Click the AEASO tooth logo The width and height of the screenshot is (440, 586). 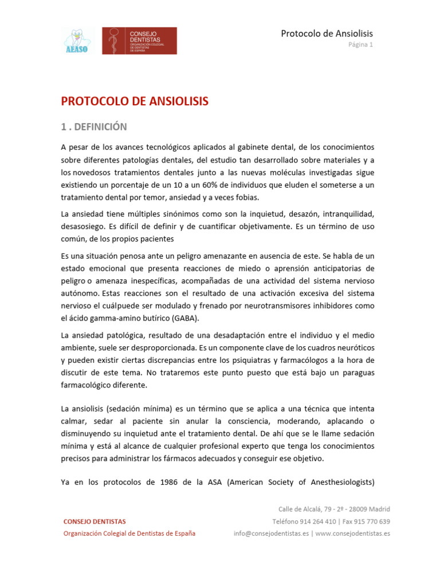[x=77, y=41]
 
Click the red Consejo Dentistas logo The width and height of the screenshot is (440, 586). [x=139, y=41]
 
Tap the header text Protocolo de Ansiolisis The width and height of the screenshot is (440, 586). [x=327, y=34]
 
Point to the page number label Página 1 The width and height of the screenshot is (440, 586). [x=361, y=45]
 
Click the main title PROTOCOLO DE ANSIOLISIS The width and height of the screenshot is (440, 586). [x=135, y=102]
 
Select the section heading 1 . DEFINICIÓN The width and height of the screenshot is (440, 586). [x=94, y=127]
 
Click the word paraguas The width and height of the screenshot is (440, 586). [x=357, y=372]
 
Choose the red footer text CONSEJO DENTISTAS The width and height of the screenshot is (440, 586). [x=95, y=521]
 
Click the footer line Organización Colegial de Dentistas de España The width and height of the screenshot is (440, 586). [x=129, y=533]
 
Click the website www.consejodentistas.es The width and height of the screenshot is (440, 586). [x=352, y=533]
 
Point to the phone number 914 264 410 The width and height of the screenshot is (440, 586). [x=313, y=521]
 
